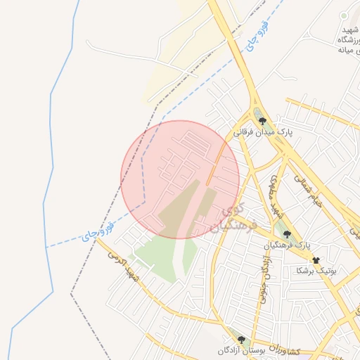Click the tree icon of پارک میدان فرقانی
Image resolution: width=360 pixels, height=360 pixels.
click(262, 121)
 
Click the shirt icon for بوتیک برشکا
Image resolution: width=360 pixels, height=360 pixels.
click(315, 260)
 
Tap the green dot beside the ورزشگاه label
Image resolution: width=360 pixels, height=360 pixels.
click(344, 15)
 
